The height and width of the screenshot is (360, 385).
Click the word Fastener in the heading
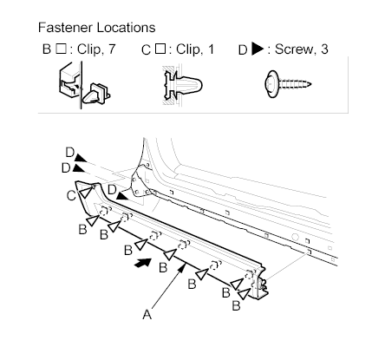coord(65,28)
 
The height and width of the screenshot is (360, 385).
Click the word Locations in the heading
coord(126,28)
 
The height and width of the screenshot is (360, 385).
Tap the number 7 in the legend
coord(112,49)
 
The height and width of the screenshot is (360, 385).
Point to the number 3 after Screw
coord(324,49)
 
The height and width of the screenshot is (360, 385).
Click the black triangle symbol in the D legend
coord(258,49)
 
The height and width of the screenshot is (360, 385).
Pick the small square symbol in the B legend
coord(61,49)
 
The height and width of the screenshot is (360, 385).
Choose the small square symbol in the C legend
coord(160,49)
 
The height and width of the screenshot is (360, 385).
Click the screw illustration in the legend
coord(287,84)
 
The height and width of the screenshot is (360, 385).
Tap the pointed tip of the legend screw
coord(310,84)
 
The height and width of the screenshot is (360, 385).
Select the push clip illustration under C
coord(182,85)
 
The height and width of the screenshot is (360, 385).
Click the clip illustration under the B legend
coord(84,85)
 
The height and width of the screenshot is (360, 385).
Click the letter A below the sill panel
coord(147,314)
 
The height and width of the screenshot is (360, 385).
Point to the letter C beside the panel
coord(71,196)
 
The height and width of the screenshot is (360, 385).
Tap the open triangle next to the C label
coord(86,193)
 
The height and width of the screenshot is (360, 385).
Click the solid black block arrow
coord(143,263)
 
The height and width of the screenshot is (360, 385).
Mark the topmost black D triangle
coord(81,158)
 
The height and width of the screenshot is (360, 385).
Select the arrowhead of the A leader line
coord(182,269)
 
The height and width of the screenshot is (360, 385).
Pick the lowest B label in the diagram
coord(236,305)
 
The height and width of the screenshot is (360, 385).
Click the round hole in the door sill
coord(295,237)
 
